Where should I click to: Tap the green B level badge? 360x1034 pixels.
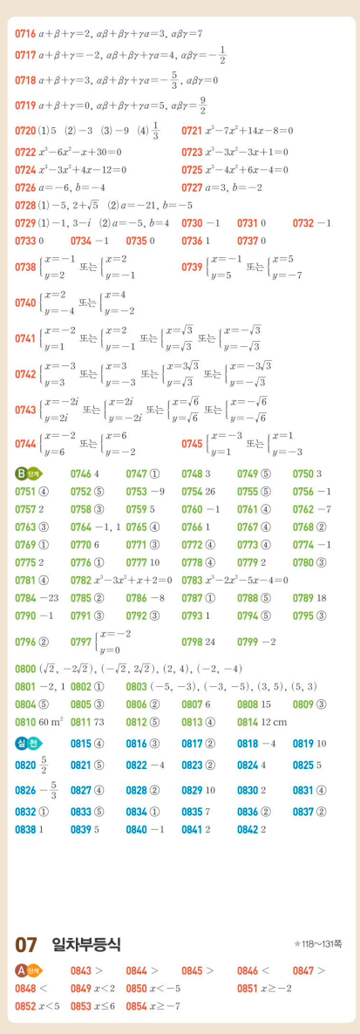pyautogui.click(x=28, y=474)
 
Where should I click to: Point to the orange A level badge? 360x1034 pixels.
pyautogui.click(x=28, y=969)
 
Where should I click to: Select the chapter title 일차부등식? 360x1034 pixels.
pyautogui.click(x=86, y=943)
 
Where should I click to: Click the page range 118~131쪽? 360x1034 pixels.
pyautogui.click(x=323, y=943)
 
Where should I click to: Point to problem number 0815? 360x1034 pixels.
pyautogui.click(x=81, y=743)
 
